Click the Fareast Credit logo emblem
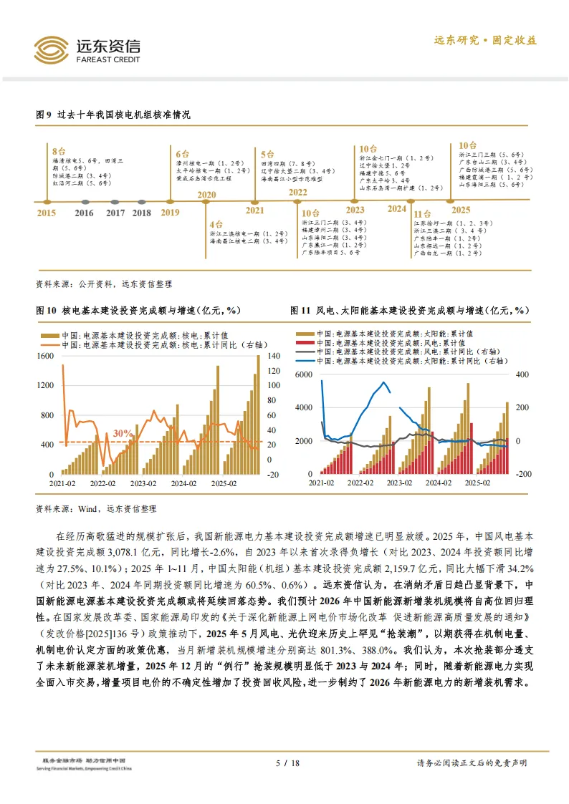[51, 49]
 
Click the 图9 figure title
[113, 115]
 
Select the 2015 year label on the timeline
[46, 213]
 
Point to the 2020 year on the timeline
[206, 195]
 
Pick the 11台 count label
[422, 213]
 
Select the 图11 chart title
[409, 311]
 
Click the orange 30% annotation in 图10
[123, 433]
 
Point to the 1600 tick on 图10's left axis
[44, 356]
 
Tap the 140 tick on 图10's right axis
[272, 356]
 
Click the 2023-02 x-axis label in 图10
[143, 484]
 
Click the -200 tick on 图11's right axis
[523, 474]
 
